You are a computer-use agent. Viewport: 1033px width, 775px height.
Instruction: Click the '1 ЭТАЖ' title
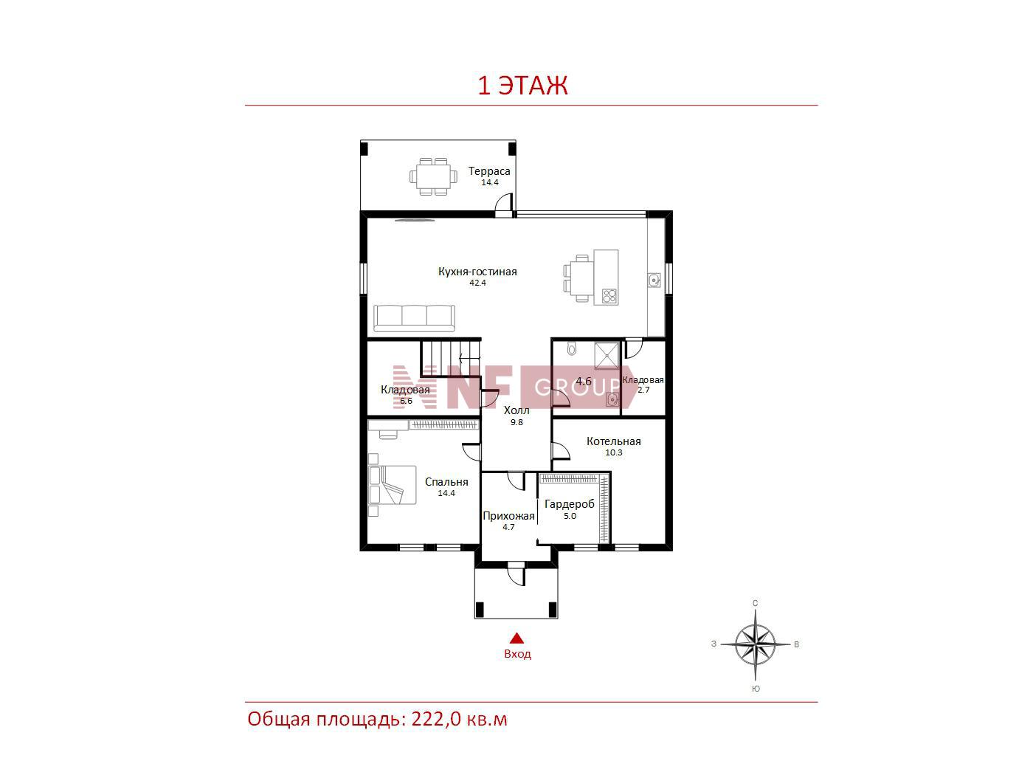pos(522,85)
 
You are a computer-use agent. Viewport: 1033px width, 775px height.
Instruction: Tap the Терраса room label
pos(489,171)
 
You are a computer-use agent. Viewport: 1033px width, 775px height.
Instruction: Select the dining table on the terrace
pos(433,176)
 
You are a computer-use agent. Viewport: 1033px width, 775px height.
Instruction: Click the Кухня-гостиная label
pos(477,272)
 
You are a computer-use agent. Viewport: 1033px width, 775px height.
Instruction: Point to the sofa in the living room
pos(414,318)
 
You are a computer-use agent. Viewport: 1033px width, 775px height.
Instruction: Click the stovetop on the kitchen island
pos(609,296)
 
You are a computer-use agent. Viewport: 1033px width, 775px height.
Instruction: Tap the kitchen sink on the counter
pos(654,280)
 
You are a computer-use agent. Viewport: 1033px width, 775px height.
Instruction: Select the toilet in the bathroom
pos(571,348)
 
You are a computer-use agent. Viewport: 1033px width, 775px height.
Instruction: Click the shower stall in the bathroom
pos(607,356)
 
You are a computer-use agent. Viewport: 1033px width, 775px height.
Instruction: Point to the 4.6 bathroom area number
pos(584,381)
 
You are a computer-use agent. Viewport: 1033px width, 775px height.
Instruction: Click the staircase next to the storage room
pos(450,357)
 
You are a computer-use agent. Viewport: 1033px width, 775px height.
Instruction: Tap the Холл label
pos(516,410)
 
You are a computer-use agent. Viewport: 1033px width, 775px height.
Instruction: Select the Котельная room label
pos(613,441)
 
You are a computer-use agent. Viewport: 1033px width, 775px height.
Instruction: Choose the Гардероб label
pos(570,504)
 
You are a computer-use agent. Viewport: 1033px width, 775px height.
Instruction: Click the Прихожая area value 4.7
pos(508,528)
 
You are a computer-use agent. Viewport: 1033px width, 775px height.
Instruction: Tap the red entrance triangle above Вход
pos(516,638)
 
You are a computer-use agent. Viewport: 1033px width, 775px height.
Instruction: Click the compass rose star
pos(756,644)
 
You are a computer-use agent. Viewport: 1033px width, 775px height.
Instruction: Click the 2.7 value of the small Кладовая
pos(643,390)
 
